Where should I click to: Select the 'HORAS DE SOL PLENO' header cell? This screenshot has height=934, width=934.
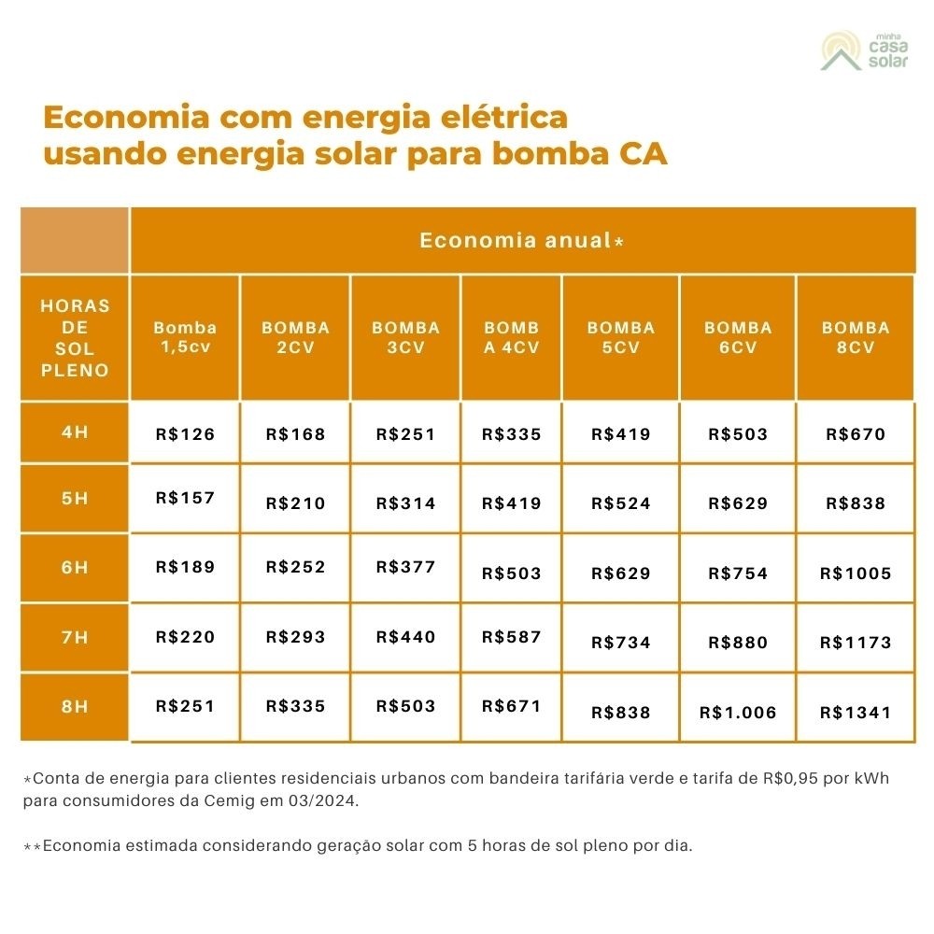point(75,337)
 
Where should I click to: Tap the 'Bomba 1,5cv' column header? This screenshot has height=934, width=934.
point(185,337)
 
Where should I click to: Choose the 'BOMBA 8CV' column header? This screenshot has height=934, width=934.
point(856,337)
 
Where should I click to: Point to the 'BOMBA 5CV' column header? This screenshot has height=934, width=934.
point(621,337)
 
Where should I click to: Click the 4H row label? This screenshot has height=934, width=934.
point(75,432)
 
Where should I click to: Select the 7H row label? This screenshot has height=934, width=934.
point(75,637)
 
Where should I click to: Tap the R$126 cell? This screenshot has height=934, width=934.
point(185,434)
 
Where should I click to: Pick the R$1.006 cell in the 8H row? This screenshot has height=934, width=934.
point(738,713)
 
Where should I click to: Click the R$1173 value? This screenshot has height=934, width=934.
point(856,643)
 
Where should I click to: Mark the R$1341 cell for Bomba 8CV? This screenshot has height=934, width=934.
point(856,713)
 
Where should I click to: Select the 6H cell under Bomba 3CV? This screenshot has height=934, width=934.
point(405,567)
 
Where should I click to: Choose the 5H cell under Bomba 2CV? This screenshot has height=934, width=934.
point(295,503)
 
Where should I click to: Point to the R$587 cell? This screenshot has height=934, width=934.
point(511,637)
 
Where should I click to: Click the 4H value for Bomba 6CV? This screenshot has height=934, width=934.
point(738,434)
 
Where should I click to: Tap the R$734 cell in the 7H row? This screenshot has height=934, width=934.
point(621,643)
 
